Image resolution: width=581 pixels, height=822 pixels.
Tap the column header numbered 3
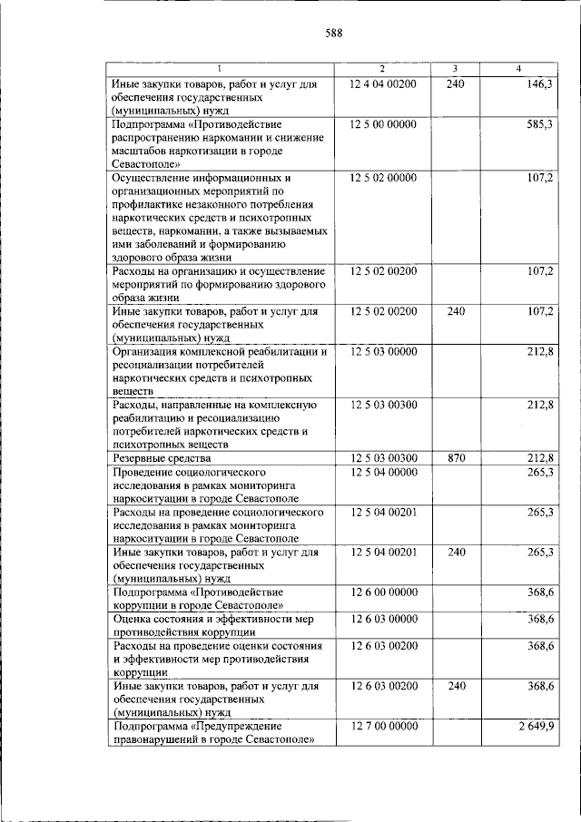456,70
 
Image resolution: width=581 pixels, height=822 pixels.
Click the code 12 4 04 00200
382,83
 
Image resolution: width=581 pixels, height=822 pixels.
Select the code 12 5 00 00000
382,123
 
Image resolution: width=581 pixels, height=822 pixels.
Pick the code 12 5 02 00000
382,177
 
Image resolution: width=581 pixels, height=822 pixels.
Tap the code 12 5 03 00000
382,351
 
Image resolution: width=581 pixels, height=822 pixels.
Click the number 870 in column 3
456,458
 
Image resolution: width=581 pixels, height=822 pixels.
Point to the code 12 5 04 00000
382,472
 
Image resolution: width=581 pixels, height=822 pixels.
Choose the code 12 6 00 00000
382,592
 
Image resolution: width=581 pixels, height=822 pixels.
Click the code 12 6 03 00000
382,618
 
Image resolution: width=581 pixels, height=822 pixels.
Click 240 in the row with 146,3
456,83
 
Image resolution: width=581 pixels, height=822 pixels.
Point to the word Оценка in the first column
130,618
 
